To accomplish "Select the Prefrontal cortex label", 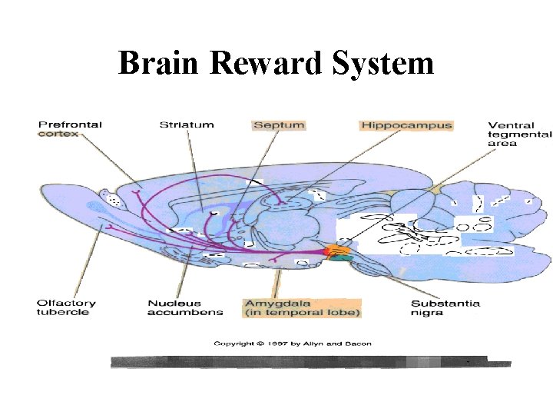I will [x=70, y=128].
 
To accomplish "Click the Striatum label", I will [x=187, y=124].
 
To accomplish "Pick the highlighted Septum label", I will [x=278, y=124].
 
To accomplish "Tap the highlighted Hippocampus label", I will [x=406, y=124].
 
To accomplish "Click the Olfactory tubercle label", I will [x=63, y=307].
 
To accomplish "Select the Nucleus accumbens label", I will [x=185, y=307].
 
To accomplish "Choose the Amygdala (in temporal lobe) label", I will [x=302, y=307].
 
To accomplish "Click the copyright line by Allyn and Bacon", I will [x=292, y=344].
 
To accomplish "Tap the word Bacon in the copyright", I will [x=359, y=344].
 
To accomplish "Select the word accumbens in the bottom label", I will [x=185, y=313].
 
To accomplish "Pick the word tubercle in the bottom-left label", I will [x=63, y=313].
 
